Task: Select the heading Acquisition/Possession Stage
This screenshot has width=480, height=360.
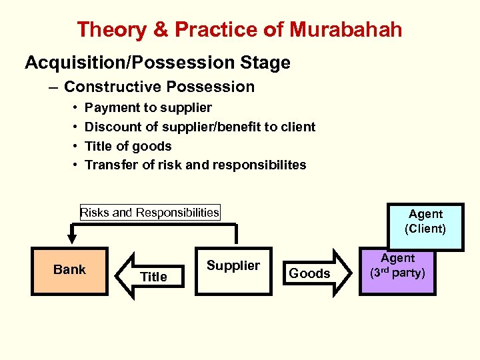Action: (x=157, y=63)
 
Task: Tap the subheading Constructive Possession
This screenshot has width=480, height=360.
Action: (x=159, y=87)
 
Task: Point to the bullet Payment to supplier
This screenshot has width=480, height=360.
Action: (x=148, y=107)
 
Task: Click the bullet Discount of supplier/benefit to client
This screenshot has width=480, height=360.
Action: (x=200, y=127)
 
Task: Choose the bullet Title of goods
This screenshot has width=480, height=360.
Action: (x=128, y=146)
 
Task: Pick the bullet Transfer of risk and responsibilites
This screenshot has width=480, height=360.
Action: (x=195, y=165)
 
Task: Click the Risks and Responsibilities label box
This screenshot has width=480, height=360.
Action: (x=149, y=213)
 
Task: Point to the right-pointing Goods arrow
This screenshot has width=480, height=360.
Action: (x=313, y=273)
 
